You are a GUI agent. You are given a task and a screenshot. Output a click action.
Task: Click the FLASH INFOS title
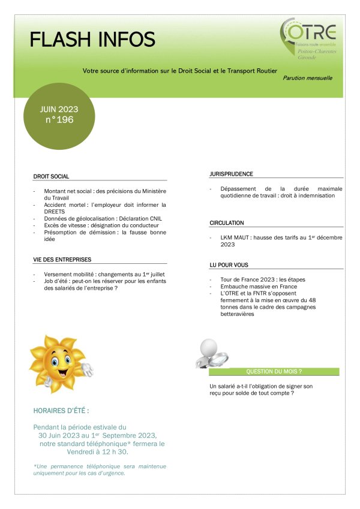click(x=92, y=40)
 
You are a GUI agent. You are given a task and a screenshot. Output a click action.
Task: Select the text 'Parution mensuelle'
click(x=307, y=78)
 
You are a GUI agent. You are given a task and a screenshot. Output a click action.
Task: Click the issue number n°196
click(x=59, y=120)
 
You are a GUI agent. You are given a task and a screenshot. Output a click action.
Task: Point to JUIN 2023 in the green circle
click(x=59, y=109)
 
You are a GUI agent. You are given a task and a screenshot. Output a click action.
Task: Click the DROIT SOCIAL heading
click(x=52, y=177)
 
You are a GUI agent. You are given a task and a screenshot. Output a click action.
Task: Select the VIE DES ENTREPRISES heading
click(x=62, y=260)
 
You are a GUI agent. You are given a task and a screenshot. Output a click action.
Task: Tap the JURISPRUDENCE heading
click(x=231, y=174)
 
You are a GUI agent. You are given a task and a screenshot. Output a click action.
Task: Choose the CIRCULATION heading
click(x=227, y=223)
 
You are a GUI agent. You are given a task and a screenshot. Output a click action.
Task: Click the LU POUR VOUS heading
click(x=229, y=265)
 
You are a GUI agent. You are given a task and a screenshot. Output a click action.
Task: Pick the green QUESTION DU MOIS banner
click(x=274, y=372)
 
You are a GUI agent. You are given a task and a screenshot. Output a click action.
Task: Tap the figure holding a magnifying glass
click(x=212, y=354)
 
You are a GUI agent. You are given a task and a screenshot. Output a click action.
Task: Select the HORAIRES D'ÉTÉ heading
click(x=62, y=411)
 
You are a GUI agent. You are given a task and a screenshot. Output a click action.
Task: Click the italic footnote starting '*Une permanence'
click(x=100, y=469)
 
